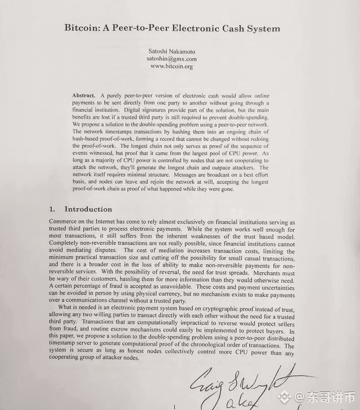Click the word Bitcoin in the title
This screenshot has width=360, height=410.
tap(83, 28)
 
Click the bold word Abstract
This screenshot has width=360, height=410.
tap(84, 96)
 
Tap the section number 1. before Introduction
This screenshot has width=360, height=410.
tap(52, 209)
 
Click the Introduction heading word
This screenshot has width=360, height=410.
tap(88, 209)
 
